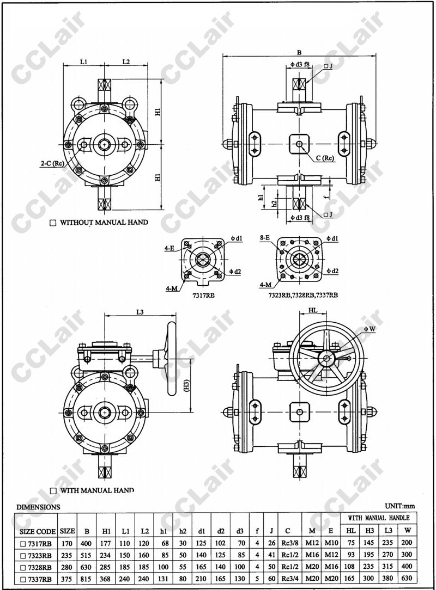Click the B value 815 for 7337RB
pos(87,579)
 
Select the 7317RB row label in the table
pos(40,543)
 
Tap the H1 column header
pos(106,531)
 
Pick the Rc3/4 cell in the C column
pos(288,579)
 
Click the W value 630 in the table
pos(407,578)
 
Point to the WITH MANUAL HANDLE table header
pos(378,518)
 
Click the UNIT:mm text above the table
pos(400,506)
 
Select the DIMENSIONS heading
pos(38,507)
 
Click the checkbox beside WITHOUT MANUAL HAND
pos(53,223)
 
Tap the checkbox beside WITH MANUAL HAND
pos(53,490)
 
